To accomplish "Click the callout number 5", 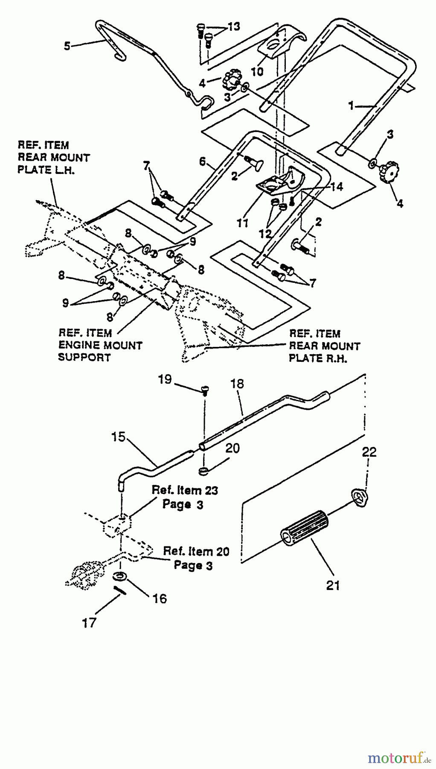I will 67,46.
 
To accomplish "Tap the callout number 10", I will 257,71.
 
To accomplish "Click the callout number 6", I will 202,161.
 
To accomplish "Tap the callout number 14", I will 336,187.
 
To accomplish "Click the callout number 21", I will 333,585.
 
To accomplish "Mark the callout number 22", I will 369,452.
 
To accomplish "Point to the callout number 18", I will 237,384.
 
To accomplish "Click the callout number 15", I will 119,437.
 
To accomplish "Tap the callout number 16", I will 160,599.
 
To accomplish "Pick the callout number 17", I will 90,623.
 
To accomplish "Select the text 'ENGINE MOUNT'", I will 100,345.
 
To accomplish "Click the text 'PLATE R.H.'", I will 318,358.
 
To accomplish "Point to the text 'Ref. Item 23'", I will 184,490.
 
